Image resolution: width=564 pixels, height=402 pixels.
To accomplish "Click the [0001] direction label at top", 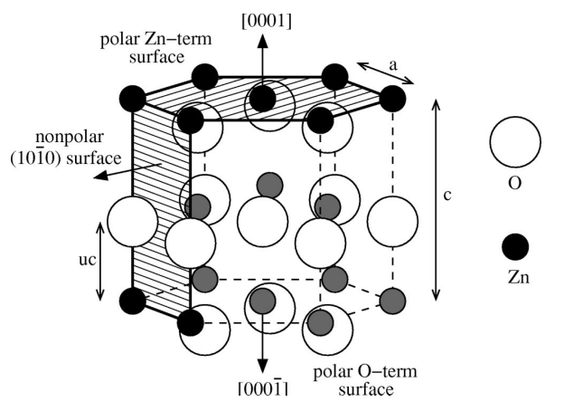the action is (x=267, y=21).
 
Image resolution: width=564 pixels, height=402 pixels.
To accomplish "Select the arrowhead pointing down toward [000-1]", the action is (x=263, y=366).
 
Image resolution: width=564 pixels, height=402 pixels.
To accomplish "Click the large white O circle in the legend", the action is (x=515, y=142).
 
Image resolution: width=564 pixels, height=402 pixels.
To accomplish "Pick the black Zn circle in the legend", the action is (x=515, y=246).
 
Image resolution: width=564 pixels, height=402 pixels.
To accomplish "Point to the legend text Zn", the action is (x=518, y=277).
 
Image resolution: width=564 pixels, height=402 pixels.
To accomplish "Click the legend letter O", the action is (x=514, y=183).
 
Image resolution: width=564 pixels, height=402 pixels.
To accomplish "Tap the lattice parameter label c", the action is (x=447, y=196).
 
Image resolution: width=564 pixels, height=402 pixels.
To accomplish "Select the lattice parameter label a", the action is (x=393, y=65).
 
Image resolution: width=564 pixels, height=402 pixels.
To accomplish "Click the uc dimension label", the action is (x=88, y=259).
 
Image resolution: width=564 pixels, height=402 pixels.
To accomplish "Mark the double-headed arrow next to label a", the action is (x=385, y=73).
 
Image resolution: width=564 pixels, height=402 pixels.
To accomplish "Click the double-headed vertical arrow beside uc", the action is (x=100, y=261).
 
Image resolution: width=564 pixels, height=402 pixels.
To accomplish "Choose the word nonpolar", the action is (x=70, y=138).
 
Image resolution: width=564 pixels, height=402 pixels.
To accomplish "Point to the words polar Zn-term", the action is (x=156, y=39).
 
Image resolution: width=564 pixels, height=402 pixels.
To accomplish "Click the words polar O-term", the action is (x=365, y=371).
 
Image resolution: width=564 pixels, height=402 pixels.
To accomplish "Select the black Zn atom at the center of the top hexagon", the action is (x=263, y=99).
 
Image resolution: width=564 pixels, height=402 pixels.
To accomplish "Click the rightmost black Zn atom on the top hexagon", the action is (x=393, y=99).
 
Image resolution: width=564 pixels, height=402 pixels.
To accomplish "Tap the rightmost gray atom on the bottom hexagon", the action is (x=393, y=301).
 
